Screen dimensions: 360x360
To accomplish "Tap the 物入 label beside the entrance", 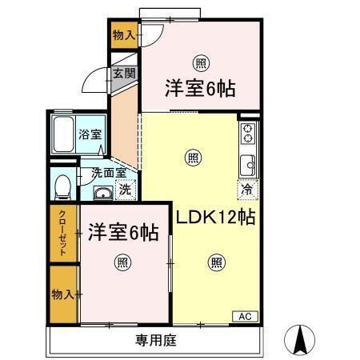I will click(x=123, y=35).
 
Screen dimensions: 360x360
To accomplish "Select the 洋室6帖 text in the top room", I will click(x=200, y=88).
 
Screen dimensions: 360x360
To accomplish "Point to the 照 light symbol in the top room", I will click(x=199, y=62).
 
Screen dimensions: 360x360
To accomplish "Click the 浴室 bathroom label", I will click(x=89, y=134).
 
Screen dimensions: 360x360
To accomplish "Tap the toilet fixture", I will click(x=62, y=186).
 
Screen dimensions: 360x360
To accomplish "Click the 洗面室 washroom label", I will click(x=107, y=173).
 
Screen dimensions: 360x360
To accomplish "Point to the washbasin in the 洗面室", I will click(x=102, y=193).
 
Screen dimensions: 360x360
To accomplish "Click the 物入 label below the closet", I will click(x=62, y=294).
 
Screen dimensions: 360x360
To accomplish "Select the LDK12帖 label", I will click(x=216, y=216).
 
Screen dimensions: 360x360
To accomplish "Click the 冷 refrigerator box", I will click(x=246, y=190).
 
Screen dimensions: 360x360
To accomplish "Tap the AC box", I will click(x=243, y=316).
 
